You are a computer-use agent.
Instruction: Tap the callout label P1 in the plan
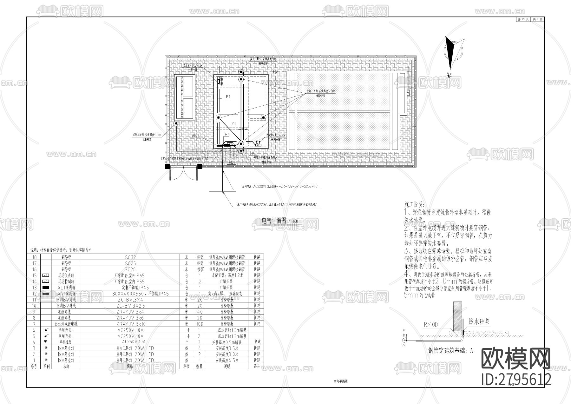[x=228, y=96]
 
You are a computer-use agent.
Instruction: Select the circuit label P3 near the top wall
[x=275, y=72]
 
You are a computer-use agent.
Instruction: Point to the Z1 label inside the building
[x=234, y=124]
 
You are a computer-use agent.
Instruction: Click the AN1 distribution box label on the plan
[x=196, y=136]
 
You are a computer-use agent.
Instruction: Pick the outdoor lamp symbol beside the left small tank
[x=176, y=123]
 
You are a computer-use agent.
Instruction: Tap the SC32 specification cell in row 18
[x=130, y=257]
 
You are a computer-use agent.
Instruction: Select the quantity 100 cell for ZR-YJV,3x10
[x=200, y=324]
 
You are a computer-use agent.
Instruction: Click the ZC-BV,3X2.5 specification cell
[x=130, y=306]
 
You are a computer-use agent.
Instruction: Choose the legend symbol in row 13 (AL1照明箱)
[x=46, y=288]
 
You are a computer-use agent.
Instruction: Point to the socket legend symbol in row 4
[x=46, y=342]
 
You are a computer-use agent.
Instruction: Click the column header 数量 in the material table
[x=199, y=366]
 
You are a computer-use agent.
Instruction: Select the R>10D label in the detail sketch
[x=430, y=325]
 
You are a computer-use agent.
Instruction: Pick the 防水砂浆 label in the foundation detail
[x=479, y=321]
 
